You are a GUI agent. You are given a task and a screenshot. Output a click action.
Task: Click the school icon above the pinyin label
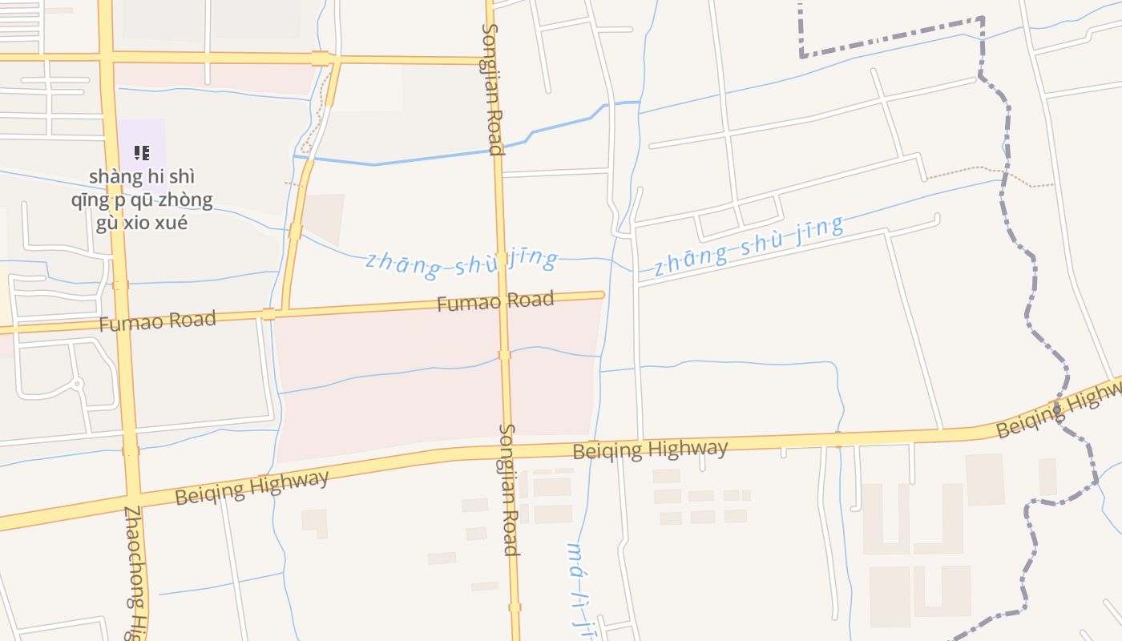coord(142,152)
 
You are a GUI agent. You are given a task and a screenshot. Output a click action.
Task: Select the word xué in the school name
coord(171,223)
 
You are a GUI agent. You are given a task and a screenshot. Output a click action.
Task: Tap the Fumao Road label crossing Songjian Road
coord(495,302)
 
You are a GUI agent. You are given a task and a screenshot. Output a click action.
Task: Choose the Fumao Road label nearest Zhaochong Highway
coord(157,321)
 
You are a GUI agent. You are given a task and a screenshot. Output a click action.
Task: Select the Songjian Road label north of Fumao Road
coord(492,88)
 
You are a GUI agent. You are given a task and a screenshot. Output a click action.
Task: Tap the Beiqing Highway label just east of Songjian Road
coord(650,450)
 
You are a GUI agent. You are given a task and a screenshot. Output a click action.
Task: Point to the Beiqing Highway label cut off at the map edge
coord(1058,410)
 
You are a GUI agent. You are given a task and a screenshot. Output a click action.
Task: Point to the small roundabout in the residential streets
coord(78,384)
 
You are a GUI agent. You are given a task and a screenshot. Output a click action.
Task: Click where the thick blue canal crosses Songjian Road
coord(494,150)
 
